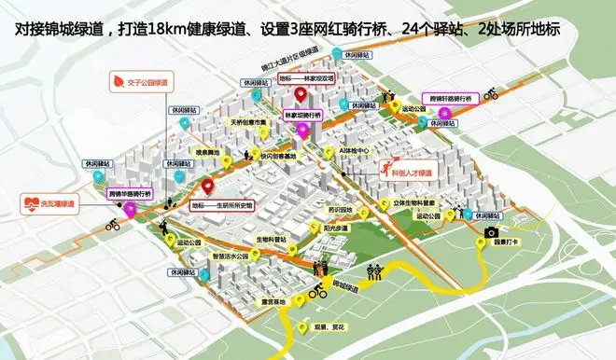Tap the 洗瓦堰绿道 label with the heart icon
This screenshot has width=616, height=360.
(51, 203)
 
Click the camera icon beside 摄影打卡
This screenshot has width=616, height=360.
(490, 232)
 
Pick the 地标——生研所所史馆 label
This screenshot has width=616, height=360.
(223, 205)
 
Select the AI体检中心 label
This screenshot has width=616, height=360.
(356, 150)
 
